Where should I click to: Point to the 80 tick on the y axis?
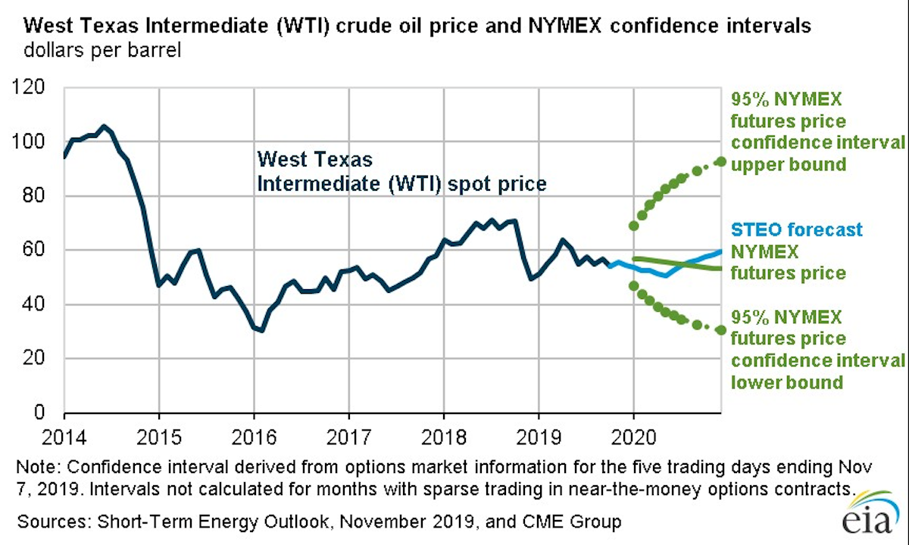[42, 196]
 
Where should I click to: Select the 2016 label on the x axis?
[253, 437]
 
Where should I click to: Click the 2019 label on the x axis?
[538, 437]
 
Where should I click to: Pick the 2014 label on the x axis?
[64, 437]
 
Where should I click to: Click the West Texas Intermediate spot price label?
[401, 172]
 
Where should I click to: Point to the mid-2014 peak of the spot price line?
[105, 126]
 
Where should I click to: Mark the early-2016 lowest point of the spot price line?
[261, 331]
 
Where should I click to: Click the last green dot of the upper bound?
[721, 161]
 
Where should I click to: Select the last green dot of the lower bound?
[721, 330]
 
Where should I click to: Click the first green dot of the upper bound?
[633, 226]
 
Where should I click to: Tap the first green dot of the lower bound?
[633, 285]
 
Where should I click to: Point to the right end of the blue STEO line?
[720, 251]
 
